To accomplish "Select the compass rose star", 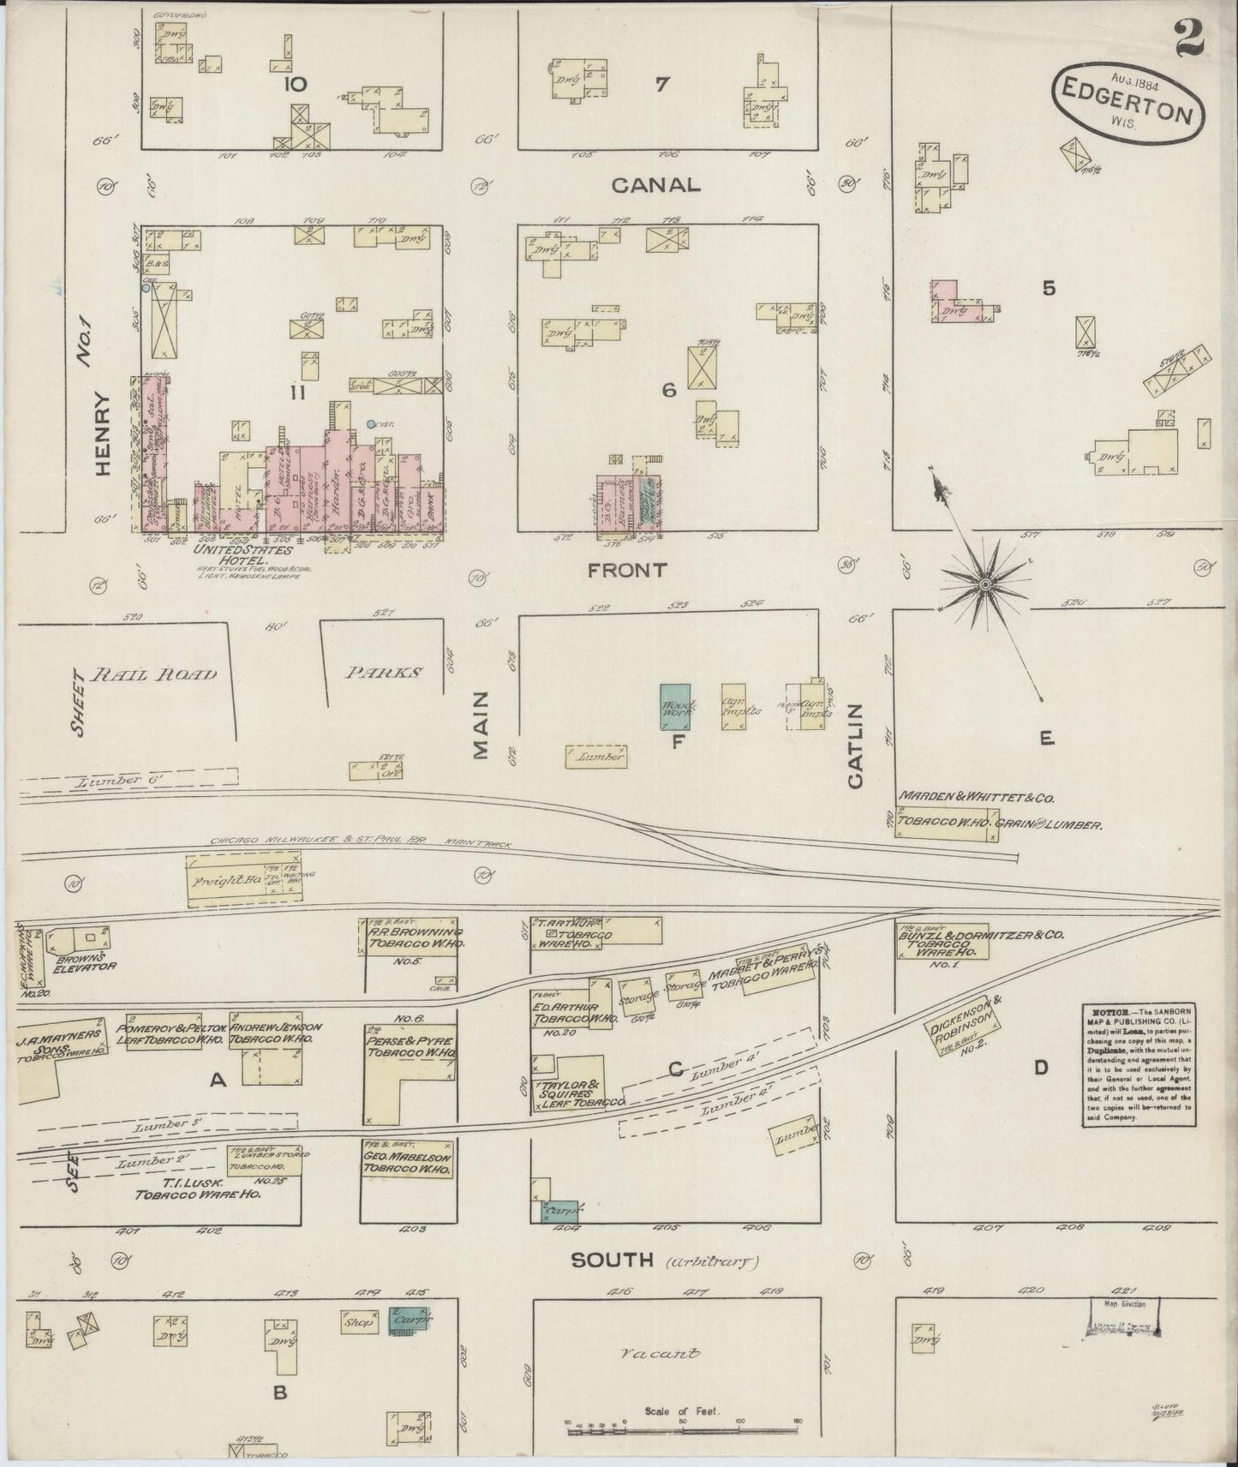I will [985, 584].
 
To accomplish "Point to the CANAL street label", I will [656, 184].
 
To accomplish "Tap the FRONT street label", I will [627, 570].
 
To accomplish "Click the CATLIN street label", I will [856, 745].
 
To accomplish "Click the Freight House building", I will [244, 879].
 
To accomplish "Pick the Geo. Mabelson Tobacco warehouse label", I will [408, 1162].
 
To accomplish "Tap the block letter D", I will [1040, 1068].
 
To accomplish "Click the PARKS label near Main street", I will [383, 673].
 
